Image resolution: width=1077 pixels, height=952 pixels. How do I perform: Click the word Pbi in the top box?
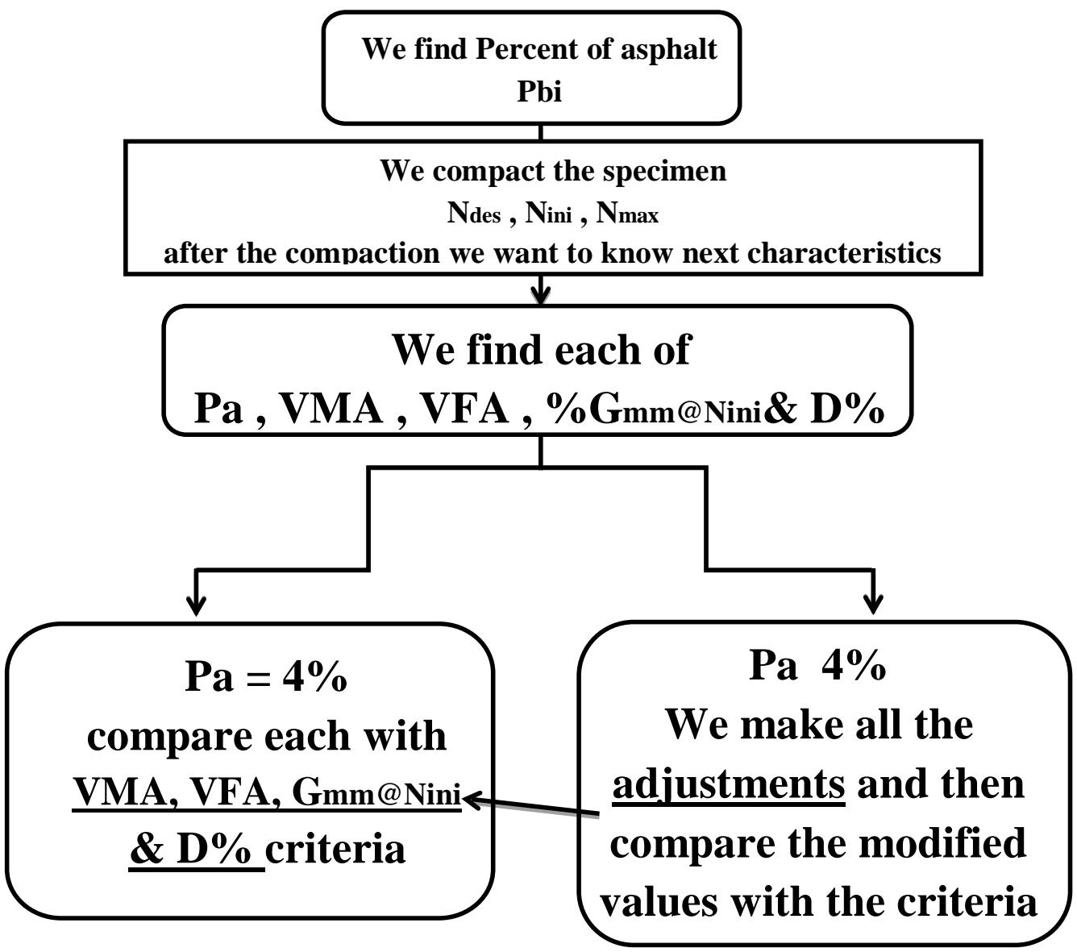[539, 91]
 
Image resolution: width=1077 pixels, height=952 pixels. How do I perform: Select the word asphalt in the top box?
[668, 49]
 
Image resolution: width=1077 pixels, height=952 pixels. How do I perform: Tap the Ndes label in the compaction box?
[474, 213]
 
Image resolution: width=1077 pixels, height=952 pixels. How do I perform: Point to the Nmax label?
[627, 213]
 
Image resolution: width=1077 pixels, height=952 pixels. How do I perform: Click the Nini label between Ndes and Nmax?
[549, 213]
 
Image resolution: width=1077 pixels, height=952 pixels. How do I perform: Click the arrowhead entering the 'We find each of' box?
[542, 293]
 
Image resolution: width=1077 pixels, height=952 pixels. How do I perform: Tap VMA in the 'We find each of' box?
[331, 409]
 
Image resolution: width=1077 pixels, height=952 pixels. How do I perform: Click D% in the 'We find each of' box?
[846, 409]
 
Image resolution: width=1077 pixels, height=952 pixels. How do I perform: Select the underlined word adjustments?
[729, 784]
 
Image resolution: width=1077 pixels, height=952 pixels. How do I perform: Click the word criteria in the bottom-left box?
[335, 849]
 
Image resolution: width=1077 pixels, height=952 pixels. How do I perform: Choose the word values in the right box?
[660, 901]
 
